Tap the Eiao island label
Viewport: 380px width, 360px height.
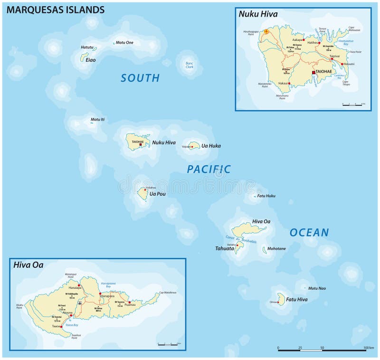(90, 60)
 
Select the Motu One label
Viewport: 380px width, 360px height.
(124, 43)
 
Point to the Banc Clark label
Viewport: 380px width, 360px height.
(189, 65)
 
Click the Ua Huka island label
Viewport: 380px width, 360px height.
(211, 146)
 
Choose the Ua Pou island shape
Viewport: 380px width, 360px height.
(142, 193)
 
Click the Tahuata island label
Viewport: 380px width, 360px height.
(224, 248)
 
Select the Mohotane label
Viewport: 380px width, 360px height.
(276, 248)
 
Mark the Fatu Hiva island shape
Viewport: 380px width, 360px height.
(281, 299)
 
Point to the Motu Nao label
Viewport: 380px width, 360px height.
(317, 288)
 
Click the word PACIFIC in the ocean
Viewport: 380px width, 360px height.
(209, 169)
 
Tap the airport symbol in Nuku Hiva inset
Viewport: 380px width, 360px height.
(266, 31)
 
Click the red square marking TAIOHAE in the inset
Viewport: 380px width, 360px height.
(313, 73)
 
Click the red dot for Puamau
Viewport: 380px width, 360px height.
(129, 302)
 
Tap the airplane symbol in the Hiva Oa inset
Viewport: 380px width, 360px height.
(80, 302)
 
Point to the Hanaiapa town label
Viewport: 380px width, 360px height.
(75, 288)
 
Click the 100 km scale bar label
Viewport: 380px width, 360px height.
(369, 348)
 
